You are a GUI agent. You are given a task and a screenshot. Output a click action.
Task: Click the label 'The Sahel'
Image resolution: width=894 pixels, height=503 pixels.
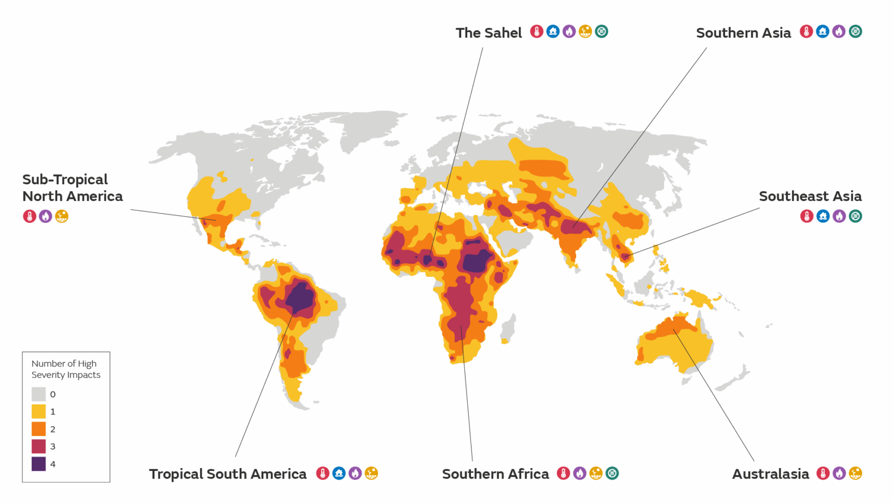(x=488, y=33)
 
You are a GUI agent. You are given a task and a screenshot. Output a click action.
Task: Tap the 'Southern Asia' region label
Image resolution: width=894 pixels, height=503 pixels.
(x=743, y=33)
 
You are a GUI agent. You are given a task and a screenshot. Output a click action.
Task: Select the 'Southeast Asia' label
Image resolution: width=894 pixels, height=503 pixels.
(x=810, y=196)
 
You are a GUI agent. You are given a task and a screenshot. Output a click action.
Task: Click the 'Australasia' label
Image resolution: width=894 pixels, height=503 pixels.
(x=770, y=474)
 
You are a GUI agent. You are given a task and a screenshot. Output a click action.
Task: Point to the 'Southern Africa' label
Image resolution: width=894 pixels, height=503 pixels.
(x=495, y=474)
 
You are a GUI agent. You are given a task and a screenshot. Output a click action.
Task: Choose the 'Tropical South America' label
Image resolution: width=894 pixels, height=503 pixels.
(x=228, y=474)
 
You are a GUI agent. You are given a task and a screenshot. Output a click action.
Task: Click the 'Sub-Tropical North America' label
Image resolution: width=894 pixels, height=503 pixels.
(x=72, y=188)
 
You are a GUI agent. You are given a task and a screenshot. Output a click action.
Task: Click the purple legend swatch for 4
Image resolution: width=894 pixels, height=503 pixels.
(x=39, y=464)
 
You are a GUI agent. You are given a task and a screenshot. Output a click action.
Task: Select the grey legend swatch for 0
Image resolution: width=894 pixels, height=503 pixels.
(x=39, y=394)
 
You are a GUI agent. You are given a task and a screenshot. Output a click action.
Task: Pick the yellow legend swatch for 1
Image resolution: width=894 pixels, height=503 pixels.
(x=39, y=411)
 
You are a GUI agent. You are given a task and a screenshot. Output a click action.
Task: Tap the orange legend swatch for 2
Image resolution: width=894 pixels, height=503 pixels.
(x=39, y=429)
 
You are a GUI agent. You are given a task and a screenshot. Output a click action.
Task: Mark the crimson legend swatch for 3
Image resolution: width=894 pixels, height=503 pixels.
(x=39, y=446)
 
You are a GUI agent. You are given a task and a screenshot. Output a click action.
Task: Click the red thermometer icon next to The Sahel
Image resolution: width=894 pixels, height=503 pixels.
(x=536, y=32)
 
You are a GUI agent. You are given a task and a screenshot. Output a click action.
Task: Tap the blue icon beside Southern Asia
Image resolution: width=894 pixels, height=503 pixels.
(x=823, y=32)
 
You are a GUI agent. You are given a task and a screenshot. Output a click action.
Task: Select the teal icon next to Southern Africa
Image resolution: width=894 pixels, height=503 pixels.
(x=612, y=473)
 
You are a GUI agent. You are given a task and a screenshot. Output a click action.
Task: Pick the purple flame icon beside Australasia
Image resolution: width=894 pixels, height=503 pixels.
(x=839, y=473)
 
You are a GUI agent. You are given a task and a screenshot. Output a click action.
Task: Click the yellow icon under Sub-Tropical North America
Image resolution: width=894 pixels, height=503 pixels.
(x=62, y=216)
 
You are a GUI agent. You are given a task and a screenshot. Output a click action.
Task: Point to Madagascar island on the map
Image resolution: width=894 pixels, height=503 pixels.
(x=508, y=329)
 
